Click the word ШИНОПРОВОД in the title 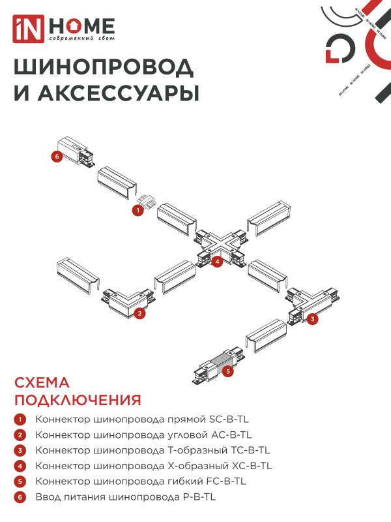(x=103, y=67)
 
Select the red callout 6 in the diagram (x=57, y=157)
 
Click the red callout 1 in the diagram (x=138, y=210)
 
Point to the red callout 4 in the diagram (x=218, y=262)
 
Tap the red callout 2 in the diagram (x=139, y=313)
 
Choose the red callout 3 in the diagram (x=313, y=319)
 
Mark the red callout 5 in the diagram (x=227, y=371)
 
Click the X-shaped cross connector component (x=222, y=249)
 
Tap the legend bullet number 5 (x=20, y=482)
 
